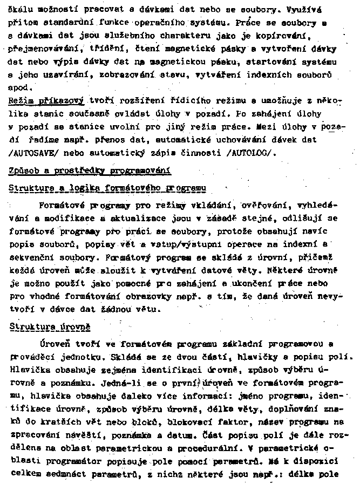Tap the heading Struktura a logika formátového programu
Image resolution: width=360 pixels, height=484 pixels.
point(108,188)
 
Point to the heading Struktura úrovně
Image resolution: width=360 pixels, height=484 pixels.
point(50,327)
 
